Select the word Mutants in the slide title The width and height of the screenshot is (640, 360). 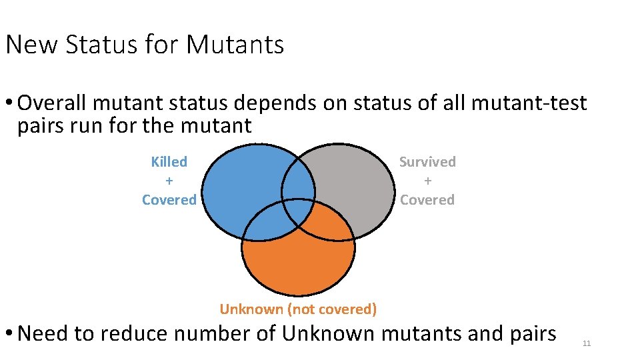235,45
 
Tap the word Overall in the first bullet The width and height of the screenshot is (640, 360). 53,103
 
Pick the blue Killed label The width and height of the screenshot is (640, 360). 169,162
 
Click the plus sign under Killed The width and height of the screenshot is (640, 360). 169,181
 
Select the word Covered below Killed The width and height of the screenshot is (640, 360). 169,200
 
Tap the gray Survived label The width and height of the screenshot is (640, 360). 427,162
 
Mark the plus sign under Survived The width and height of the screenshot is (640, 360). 427,181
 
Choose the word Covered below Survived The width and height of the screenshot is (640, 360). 427,200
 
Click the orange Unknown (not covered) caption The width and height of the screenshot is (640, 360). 298,309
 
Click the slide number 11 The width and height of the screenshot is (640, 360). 587,343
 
